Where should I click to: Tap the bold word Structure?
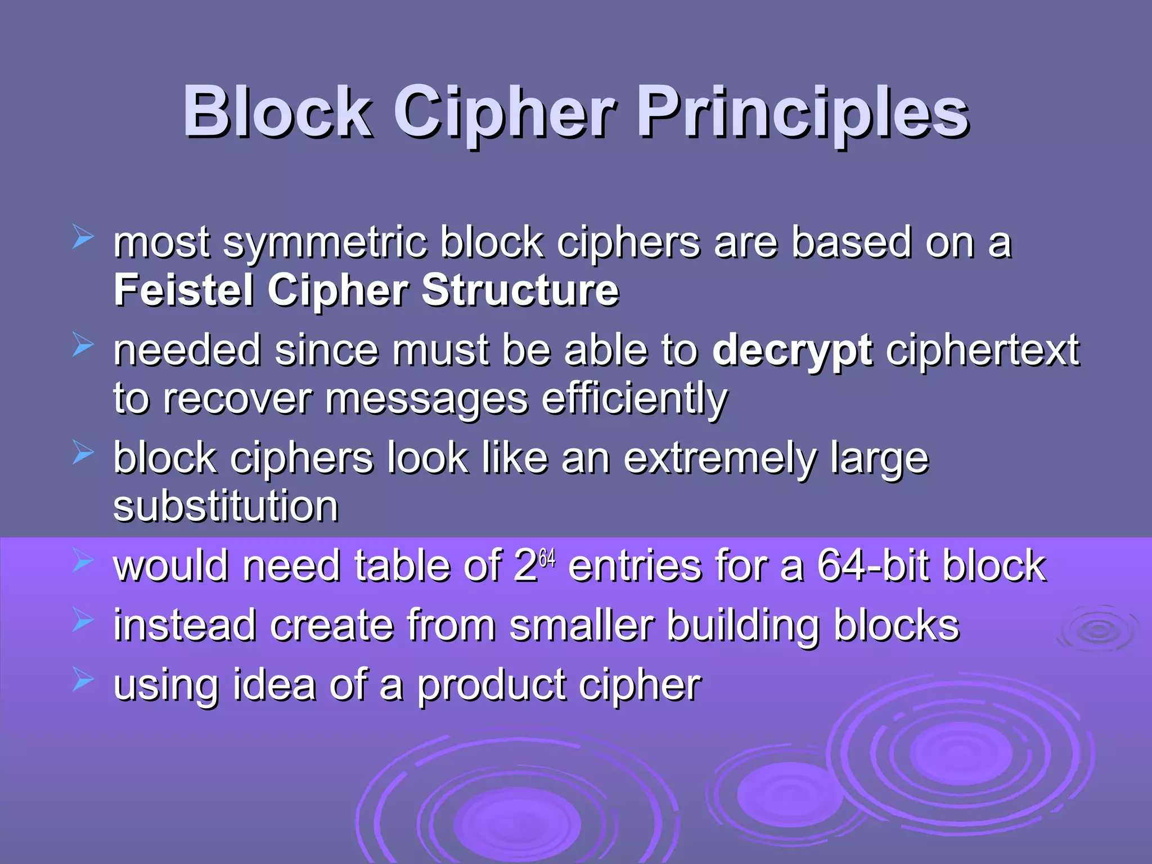tap(520, 290)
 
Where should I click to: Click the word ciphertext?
tap(982, 350)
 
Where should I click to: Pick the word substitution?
tap(226, 506)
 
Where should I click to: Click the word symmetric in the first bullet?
tap(325, 243)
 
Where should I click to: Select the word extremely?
tap(719, 459)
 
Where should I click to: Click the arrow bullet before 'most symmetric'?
tap(83, 237)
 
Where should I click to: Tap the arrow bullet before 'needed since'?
tap(83, 345)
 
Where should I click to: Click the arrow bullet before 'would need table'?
tap(83, 561)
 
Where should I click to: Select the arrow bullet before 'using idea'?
tap(83, 680)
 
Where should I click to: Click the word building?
tap(743, 627)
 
